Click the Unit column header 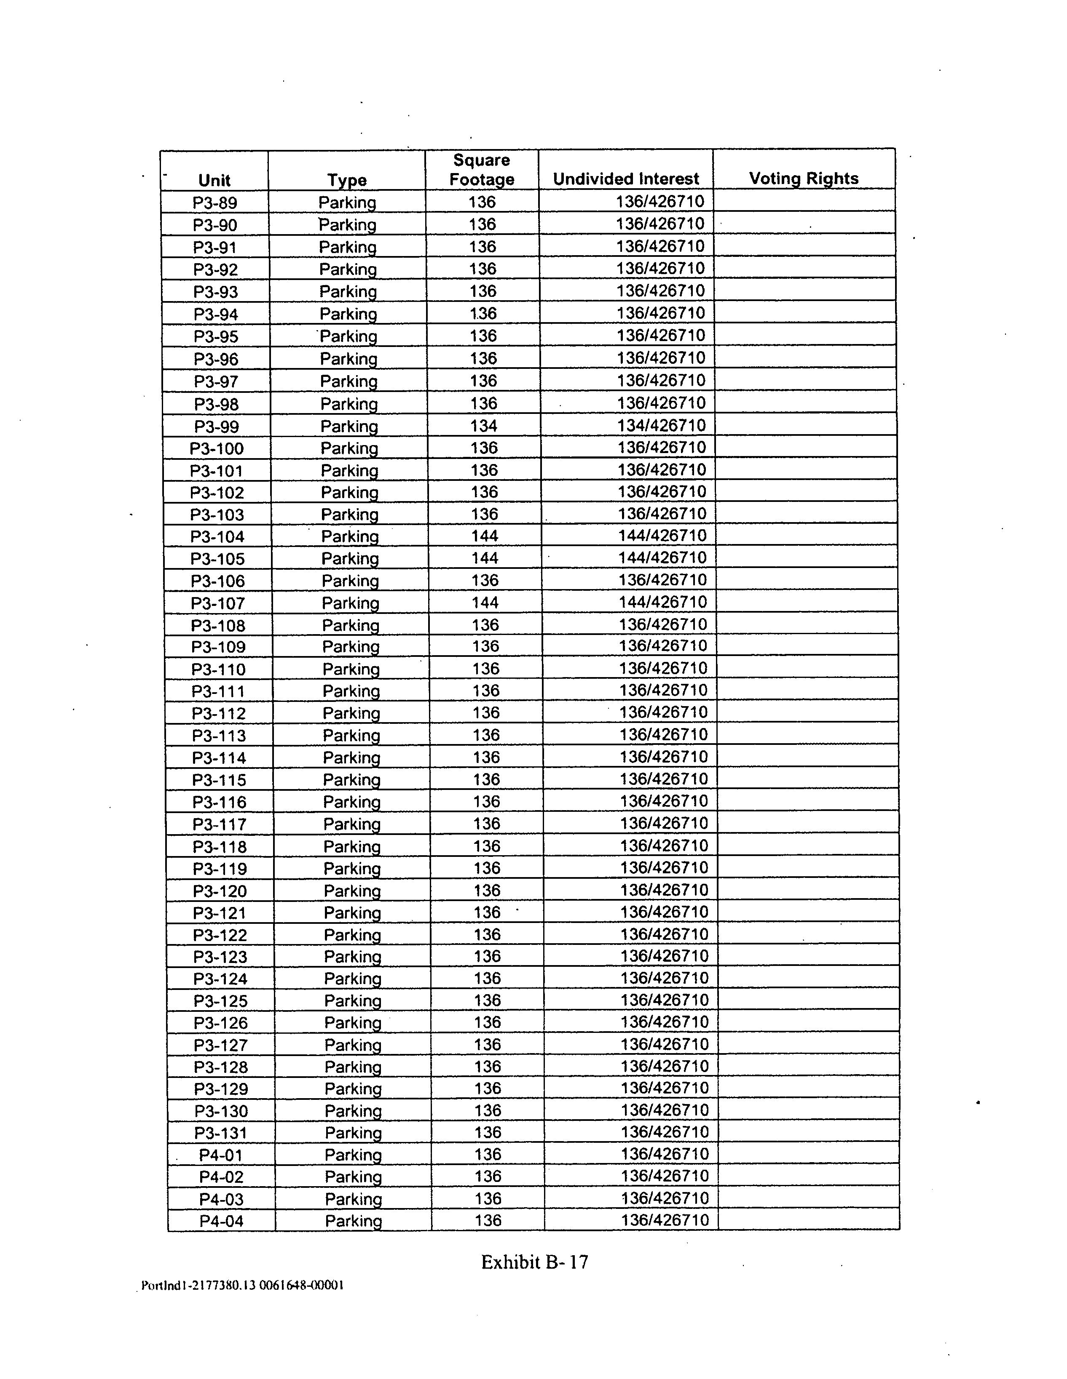tap(214, 180)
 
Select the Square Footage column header tap(481, 170)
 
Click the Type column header tap(347, 180)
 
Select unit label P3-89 tap(215, 203)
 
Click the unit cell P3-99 tap(217, 427)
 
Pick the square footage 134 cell tap(483, 426)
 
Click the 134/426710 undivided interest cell tap(661, 426)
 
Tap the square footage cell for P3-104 tap(485, 536)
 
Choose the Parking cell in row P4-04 tap(353, 1221)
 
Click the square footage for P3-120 tap(486, 890)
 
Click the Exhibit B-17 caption tap(534, 1262)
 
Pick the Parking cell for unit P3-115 tap(351, 780)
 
